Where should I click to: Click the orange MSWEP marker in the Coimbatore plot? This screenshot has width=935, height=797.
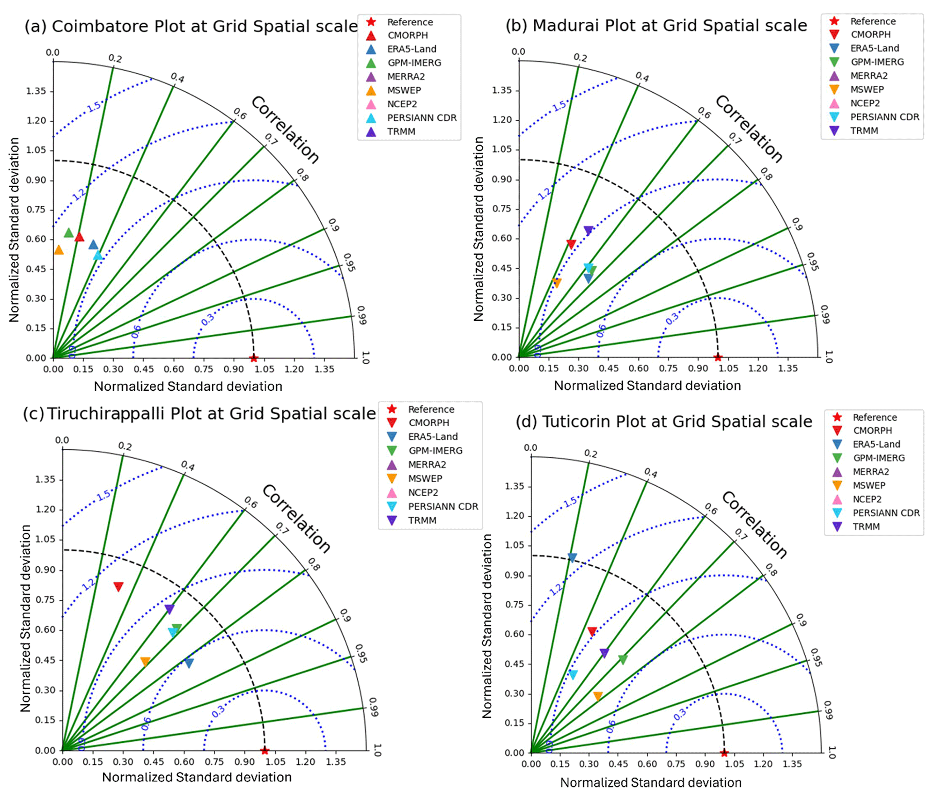point(59,250)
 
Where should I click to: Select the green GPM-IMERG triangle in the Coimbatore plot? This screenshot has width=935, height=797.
point(69,233)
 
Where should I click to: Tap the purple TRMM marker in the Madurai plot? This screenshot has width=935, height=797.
point(588,231)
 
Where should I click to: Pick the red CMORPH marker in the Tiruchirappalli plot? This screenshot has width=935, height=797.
point(119,587)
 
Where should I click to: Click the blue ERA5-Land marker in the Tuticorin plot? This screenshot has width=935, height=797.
point(572,558)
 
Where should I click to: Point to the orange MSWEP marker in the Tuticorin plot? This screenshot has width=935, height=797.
point(598,696)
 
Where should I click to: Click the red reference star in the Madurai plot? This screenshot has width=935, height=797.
point(718,357)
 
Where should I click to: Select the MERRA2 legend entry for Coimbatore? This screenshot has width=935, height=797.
point(406,76)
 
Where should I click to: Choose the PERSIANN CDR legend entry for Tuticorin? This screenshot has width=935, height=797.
point(886,513)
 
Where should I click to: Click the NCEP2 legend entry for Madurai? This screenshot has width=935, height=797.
point(864,103)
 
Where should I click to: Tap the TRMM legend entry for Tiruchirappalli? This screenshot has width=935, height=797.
point(422,520)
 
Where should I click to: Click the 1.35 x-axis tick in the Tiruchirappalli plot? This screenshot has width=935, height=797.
point(336,762)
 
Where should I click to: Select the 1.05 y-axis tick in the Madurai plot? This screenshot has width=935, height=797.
point(502,149)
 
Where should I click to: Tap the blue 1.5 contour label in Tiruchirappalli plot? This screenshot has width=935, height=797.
point(104,495)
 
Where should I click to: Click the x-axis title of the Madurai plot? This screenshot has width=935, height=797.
point(647,385)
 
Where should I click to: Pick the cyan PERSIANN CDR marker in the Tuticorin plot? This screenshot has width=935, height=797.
point(573,674)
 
